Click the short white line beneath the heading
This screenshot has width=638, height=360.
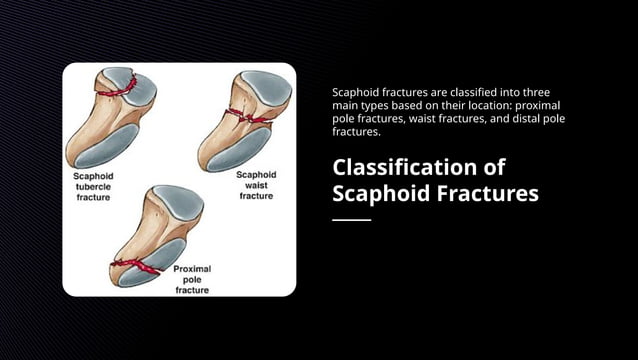tap(351, 219)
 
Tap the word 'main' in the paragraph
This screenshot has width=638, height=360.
tap(346, 105)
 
